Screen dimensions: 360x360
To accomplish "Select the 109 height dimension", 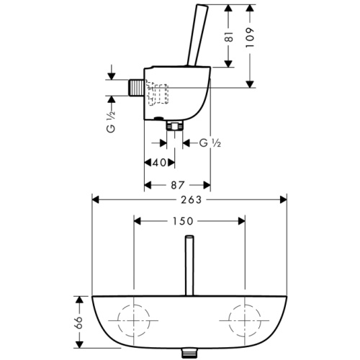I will [x=250, y=37].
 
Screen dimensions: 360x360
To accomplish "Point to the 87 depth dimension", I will [x=178, y=184].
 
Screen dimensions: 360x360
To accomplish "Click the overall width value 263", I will [x=189, y=199].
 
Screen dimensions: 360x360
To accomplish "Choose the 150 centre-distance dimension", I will [x=189, y=222].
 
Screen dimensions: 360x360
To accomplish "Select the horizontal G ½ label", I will [x=209, y=143].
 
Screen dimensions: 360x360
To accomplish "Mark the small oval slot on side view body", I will [x=158, y=116].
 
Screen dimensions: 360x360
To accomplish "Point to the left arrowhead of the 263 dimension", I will [x=95, y=199].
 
